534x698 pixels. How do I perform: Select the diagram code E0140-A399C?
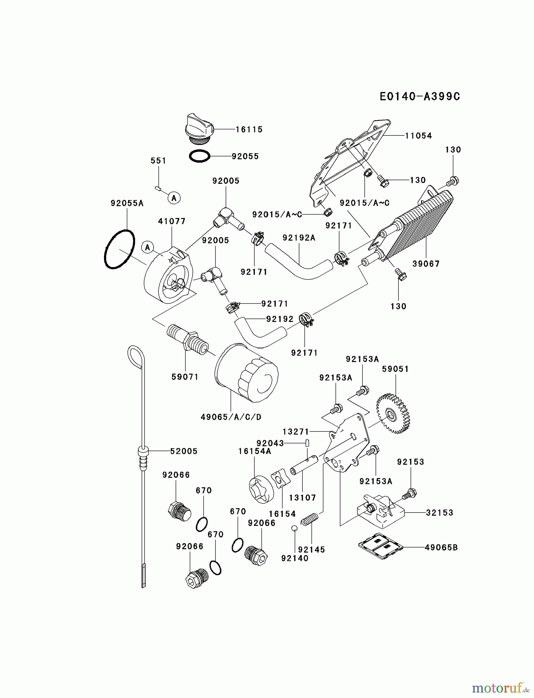[x=420, y=96]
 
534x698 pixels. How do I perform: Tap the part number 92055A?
[x=127, y=203]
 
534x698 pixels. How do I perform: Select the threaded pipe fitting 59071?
[x=187, y=338]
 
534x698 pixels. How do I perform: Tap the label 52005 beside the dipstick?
[x=184, y=451]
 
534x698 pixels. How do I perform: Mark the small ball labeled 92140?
[x=295, y=528]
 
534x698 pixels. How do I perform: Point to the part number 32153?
[x=439, y=513]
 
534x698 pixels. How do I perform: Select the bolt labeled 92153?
[x=409, y=494]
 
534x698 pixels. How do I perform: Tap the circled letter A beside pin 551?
[x=174, y=198]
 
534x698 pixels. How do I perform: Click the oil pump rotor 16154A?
[x=261, y=490]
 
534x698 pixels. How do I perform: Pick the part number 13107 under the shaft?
[x=303, y=498]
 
